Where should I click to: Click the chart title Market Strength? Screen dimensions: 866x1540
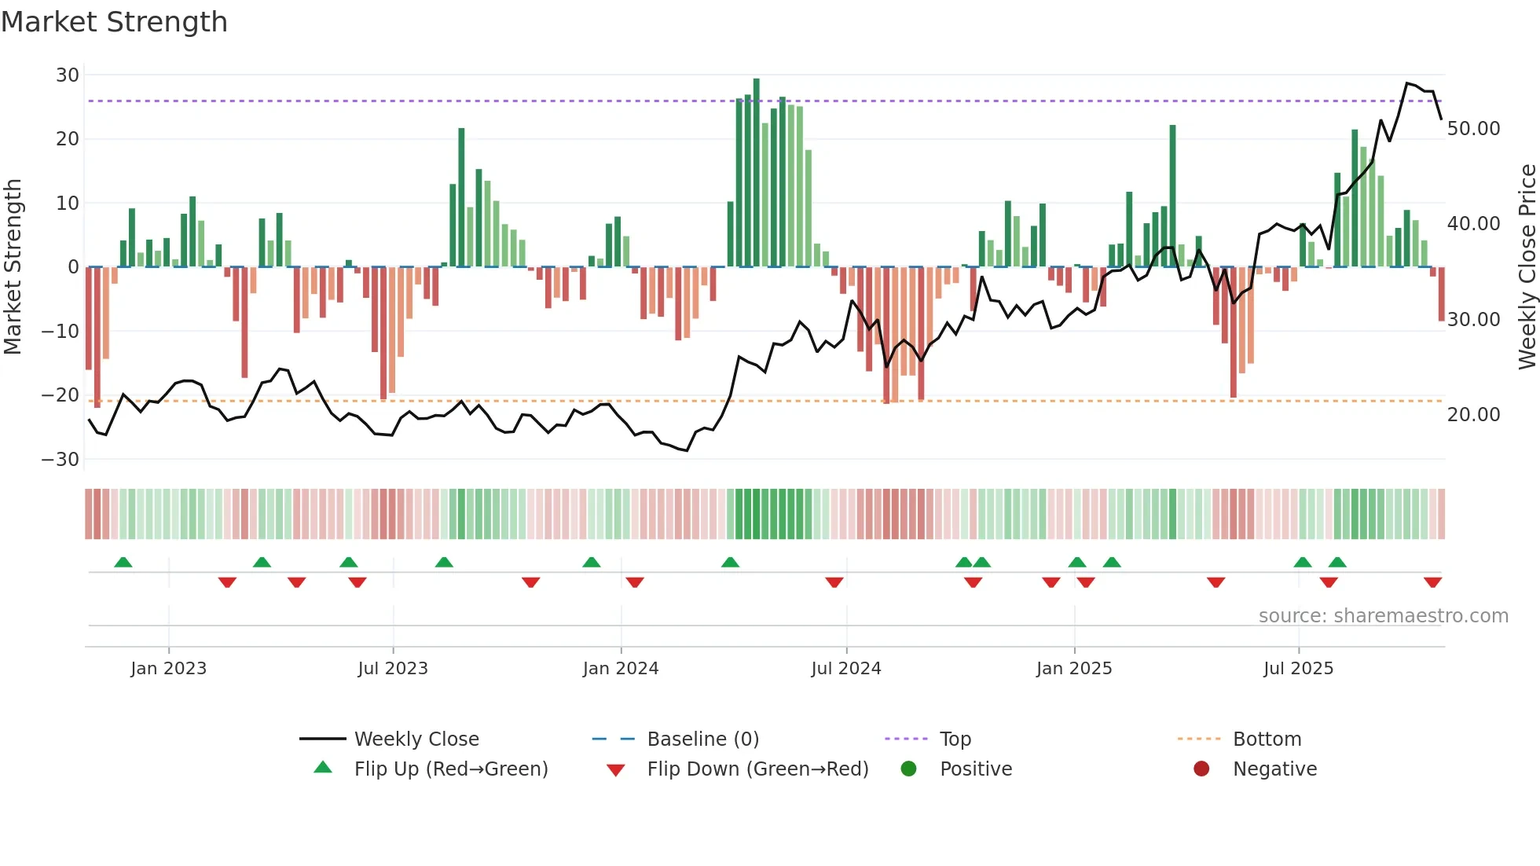[x=114, y=22]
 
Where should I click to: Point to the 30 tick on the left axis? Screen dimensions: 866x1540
[x=68, y=75]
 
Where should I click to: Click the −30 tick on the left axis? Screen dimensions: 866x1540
[x=61, y=459]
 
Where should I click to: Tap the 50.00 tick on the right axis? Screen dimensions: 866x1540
[x=1473, y=128]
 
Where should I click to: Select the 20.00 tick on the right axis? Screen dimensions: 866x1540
[x=1473, y=415]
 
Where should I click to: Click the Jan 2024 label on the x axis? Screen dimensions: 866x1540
[x=621, y=669]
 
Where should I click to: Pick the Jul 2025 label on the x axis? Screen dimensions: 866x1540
[x=1298, y=669]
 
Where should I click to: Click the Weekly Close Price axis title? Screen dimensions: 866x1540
[x=1527, y=267]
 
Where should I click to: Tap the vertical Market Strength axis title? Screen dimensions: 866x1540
[x=13, y=267]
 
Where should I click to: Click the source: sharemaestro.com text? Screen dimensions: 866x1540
[x=1383, y=616]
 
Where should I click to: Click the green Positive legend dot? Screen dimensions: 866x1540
[x=909, y=769]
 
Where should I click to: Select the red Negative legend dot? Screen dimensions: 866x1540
[x=1201, y=769]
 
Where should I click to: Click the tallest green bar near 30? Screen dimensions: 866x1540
[x=756, y=173]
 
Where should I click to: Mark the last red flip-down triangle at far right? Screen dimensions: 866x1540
[x=1432, y=582]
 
